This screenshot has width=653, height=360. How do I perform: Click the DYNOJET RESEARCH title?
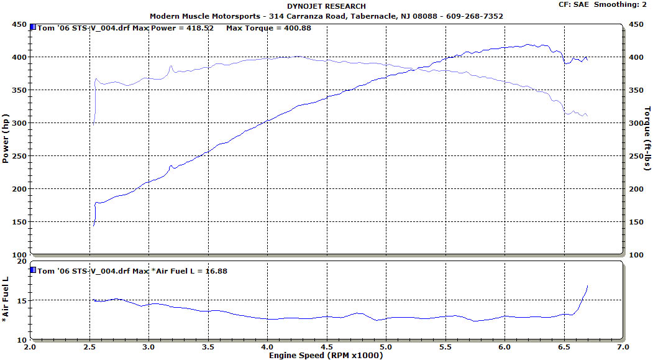click(326, 7)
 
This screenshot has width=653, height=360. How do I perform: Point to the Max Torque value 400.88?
click(295, 29)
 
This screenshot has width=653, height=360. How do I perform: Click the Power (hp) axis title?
click(6, 139)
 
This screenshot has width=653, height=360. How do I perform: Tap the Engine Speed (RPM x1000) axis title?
click(326, 356)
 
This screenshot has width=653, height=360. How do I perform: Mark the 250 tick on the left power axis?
click(18, 156)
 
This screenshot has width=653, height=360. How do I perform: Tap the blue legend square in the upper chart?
click(34, 28)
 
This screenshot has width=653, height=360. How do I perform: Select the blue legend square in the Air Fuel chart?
click(34, 270)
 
